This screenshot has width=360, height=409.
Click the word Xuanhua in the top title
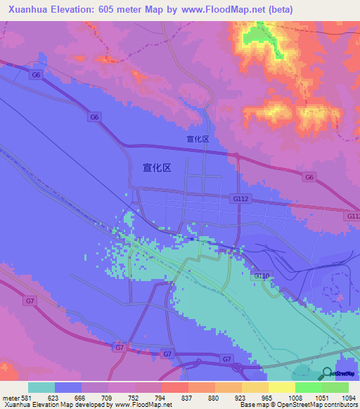(x=27, y=10)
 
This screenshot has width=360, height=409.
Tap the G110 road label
(x=262, y=276)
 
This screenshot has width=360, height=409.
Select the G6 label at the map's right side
(x=309, y=177)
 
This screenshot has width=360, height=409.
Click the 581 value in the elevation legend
(x=27, y=398)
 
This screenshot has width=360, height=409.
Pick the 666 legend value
(x=80, y=398)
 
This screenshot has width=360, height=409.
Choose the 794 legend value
(x=160, y=398)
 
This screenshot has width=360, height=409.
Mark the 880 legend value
(x=214, y=398)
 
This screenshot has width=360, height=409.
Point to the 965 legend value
(x=267, y=398)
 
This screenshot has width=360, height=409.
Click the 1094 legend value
(x=348, y=398)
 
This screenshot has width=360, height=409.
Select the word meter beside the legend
(x=10, y=398)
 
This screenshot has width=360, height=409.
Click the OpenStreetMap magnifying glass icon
(x=328, y=374)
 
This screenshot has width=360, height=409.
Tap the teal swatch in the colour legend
(x=41, y=387)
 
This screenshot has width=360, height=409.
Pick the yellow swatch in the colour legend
(x=281, y=387)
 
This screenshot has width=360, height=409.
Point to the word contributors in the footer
(x=340, y=405)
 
